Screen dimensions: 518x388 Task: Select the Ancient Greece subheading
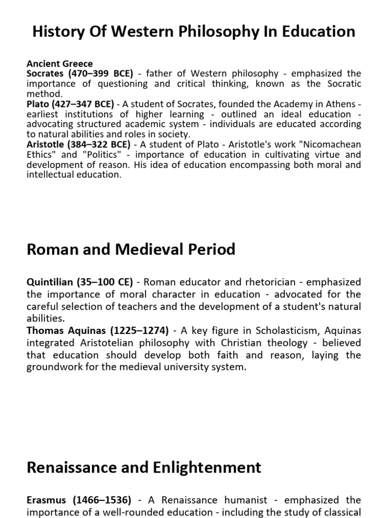click(60, 64)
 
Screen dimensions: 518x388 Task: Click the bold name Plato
click(37, 105)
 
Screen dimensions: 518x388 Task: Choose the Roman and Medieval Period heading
click(131, 249)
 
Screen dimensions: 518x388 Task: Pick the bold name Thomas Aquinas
click(66, 330)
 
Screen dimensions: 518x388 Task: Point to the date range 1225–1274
click(137, 330)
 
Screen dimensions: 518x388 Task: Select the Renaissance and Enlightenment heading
click(144, 466)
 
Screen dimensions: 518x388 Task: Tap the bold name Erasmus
click(46, 500)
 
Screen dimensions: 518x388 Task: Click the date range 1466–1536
click(104, 500)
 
